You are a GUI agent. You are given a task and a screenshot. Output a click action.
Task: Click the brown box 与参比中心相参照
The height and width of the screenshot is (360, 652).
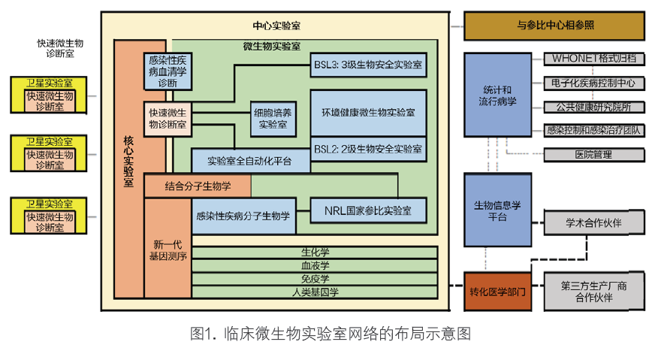pos(554,26)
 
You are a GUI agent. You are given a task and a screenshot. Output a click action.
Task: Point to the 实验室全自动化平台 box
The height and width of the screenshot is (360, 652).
pos(250,160)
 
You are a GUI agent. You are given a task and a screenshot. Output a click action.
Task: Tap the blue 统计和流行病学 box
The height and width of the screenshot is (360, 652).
pos(497,95)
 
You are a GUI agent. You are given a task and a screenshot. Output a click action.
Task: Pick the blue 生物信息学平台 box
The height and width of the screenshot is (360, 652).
pos(497,211)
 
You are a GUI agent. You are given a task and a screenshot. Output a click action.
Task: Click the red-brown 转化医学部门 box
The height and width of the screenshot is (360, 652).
pos(497,291)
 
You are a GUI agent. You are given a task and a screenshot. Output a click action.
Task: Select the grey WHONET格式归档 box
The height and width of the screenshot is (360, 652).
pos(593,59)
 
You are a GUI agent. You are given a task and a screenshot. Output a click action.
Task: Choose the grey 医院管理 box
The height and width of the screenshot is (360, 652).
pos(593,155)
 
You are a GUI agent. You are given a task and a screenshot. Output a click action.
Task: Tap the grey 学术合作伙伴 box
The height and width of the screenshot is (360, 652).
pos(593,222)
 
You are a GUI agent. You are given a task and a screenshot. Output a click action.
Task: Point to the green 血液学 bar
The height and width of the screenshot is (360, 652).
pos(315,265)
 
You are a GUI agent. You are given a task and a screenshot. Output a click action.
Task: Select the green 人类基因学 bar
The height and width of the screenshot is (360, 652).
pos(315,292)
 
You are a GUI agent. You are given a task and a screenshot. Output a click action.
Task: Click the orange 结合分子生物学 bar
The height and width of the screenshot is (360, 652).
pos(198,186)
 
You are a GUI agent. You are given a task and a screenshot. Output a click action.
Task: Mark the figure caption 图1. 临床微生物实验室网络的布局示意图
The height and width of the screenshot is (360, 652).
pos(331,334)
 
